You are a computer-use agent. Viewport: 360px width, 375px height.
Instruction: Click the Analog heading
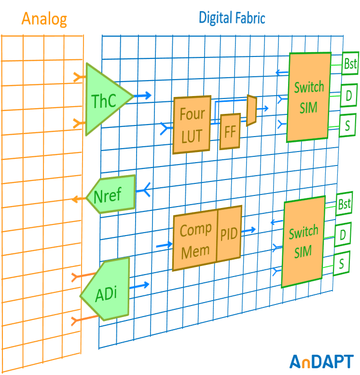pos(44,19)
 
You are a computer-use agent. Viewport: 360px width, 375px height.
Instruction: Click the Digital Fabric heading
pos(232,18)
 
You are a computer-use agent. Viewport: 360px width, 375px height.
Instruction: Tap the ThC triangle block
pos(105,100)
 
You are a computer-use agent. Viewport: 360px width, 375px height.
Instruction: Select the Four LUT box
pos(192,125)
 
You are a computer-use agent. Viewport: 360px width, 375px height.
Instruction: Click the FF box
pos(230,132)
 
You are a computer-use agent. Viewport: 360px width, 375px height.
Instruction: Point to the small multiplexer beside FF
pos(251,111)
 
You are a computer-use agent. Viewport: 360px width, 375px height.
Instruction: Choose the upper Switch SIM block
pos(309,97)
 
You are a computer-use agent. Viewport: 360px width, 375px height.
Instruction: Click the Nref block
pos(109,195)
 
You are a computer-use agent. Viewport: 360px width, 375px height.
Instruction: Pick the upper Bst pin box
pos(350,64)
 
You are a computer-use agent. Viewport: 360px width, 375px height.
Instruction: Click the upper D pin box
pos(348,96)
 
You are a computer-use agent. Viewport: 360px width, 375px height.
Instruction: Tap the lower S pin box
pos(341,263)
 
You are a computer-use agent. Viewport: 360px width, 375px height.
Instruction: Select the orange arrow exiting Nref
pos(78,198)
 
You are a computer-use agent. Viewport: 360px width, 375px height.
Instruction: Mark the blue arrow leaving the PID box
pos(249,230)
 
